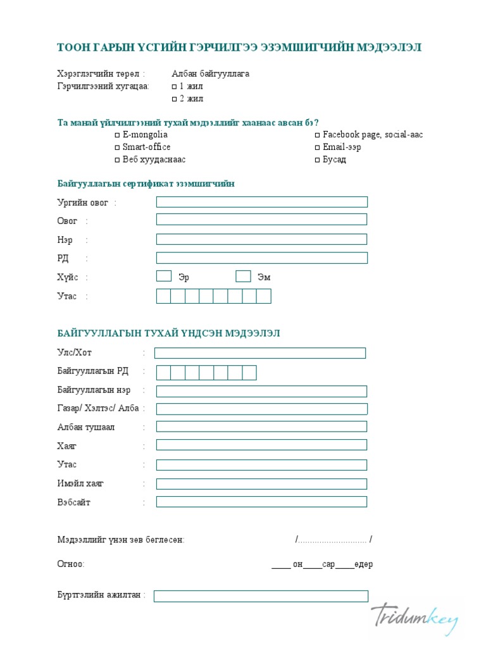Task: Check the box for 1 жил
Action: click(x=175, y=87)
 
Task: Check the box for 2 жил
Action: click(x=175, y=99)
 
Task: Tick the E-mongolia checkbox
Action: click(x=117, y=135)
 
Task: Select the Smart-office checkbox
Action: click(x=117, y=147)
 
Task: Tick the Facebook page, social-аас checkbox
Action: click(x=318, y=135)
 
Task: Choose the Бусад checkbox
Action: click(x=318, y=160)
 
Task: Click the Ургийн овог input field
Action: click(x=261, y=202)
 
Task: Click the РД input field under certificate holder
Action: click(x=261, y=258)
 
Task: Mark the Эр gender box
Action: click(x=164, y=276)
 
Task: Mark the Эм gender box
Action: click(x=243, y=276)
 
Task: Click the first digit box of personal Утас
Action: click(x=163, y=296)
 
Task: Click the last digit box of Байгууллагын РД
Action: click(x=249, y=373)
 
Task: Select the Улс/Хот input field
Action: click(x=260, y=353)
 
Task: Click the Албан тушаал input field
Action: click(x=261, y=427)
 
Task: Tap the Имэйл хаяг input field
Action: click(x=261, y=484)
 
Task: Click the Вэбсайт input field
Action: click(x=261, y=502)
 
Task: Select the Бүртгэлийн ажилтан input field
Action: click(x=261, y=596)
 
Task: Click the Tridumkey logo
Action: click(x=414, y=618)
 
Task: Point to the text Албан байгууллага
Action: click(x=210, y=74)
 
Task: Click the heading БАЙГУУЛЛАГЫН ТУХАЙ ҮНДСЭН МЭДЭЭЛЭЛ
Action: click(x=168, y=333)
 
